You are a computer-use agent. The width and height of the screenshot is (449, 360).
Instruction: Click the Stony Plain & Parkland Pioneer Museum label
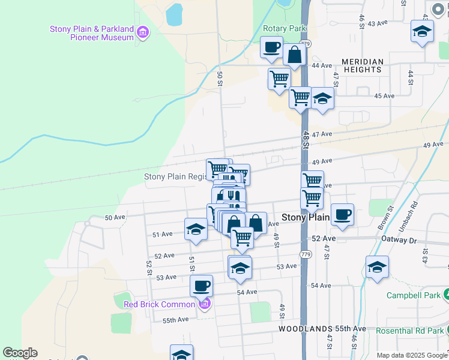pyautogui.click(x=91, y=33)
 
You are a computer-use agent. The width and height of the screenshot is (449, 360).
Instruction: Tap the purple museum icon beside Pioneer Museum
pyautogui.click(x=142, y=32)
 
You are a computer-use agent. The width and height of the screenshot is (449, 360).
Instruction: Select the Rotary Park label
pyautogui.click(x=285, y=28)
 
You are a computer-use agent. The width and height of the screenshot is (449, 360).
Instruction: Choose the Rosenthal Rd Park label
pyautogui.click(x=409, y=331)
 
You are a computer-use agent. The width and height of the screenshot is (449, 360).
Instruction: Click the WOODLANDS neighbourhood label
pyautogui.click(x=306, y=329)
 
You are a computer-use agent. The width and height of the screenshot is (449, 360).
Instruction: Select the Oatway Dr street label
pyautogui.click(x=399, y=240)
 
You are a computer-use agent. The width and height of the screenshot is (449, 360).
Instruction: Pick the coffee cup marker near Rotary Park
pyautogui.click(x=271, y=47)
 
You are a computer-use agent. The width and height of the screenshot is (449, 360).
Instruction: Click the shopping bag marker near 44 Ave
pyautogui.click(x=295, y=55)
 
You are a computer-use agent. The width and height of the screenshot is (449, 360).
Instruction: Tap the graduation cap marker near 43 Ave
pyautogui.click(x=422, y=31)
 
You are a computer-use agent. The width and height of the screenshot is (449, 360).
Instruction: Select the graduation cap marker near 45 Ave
pyautogui.click(x=322, y=99)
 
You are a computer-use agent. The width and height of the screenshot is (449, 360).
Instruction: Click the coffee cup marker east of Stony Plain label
pyautogui.click(x=342, y=214)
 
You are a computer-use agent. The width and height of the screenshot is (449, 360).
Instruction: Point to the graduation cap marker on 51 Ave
pyautogui.click(x=196, y=229)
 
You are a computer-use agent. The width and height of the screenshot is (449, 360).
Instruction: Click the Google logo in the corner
pyautogui.click(x=20, y=353)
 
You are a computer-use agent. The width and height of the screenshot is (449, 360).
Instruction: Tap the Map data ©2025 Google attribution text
pyautogui.click(x=411, y=355)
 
